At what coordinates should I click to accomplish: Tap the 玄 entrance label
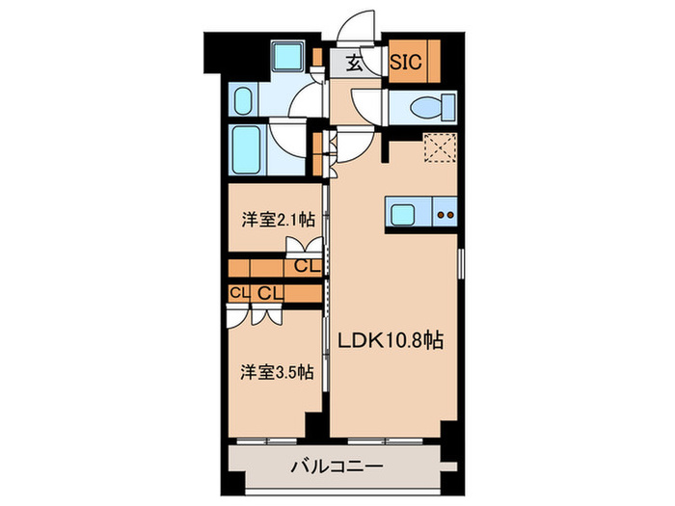click(355, 65)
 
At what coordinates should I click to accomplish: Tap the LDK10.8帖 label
click(390, 340)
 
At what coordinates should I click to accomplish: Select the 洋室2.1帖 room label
click(278, 219)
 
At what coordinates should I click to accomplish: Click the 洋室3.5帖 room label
click(277, 372)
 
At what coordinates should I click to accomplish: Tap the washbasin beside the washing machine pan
click(244, 100)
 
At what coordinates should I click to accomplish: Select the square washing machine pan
click(286, 59)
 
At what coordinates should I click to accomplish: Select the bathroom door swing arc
click(286, 135)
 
